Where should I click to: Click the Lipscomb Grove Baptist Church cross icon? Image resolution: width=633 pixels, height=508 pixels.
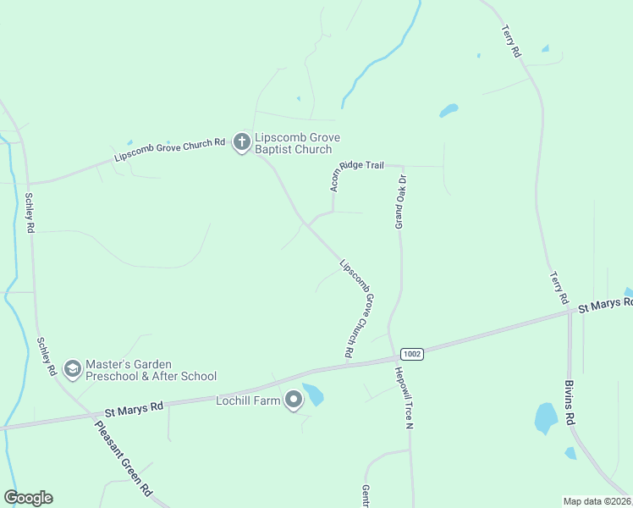[x=242, y=141]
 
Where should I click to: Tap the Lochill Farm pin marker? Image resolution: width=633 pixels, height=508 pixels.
[x=294, y=399]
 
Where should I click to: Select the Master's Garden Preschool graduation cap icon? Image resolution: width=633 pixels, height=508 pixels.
[x=72, y=368]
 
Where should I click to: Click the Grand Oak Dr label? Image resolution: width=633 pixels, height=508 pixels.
[x=403, y=202]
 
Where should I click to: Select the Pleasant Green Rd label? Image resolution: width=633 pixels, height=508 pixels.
[x=124, y=457]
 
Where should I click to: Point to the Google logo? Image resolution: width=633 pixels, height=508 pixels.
[x=28, y=498]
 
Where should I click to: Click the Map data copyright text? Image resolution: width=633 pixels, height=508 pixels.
[x=597, y=501]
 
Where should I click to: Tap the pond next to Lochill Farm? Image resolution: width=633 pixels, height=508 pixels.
[x=313, y=395]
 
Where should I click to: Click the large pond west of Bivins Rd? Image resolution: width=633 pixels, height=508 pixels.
[x=546, y=417]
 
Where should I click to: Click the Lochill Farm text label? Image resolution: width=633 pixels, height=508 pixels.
[x=248, y=400]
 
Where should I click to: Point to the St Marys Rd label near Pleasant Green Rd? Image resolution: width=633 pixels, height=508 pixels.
[x=134, y=410]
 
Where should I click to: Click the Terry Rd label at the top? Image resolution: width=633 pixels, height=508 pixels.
[x=511, y=40]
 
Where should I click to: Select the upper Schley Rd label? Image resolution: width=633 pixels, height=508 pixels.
[x=30, y=213]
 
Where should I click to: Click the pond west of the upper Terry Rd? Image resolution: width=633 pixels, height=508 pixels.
[x=449, y=111]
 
